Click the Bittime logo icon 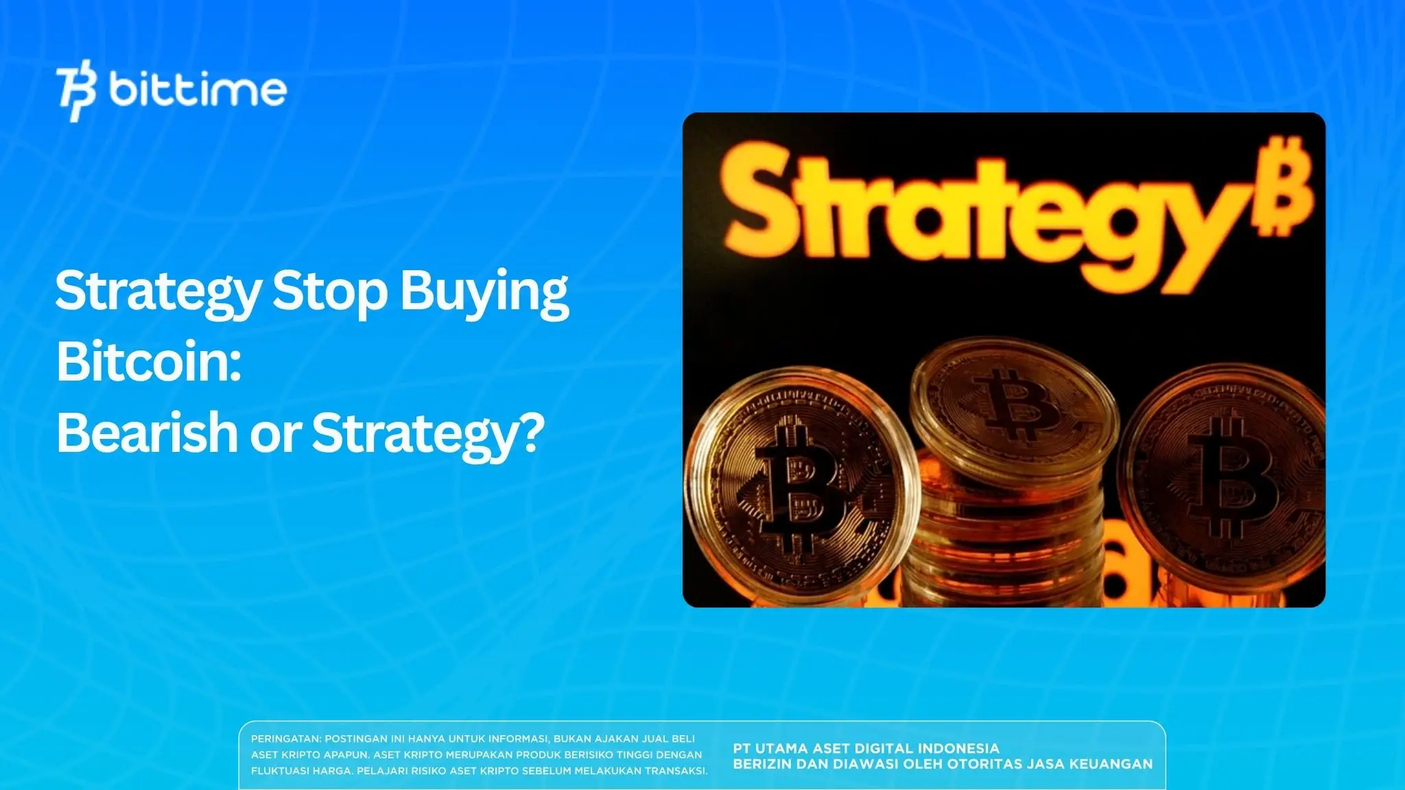[x=77, y=91]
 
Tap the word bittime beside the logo [x=198, y=91]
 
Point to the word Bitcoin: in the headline [x=148, y=362]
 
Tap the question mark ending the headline [x=529, y=432]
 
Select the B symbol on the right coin [x=1235, y=480]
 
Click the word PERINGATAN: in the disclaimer [x=285, y=739]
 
